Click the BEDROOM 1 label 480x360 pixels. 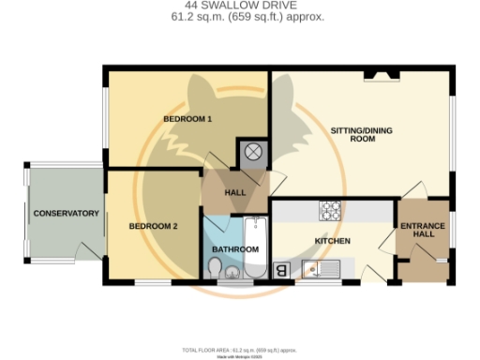click(187, 119)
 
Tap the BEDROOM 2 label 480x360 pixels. click(153, 226)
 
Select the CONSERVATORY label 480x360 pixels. click(67, 213)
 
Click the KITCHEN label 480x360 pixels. click(332, 241)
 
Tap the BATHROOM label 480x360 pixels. click(234, 249)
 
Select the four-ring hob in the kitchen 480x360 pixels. click(331, 211)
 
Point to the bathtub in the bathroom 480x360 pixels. click(255, 246)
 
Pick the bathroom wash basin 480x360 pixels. click(232, 273)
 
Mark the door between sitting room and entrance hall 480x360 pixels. click(415, 190)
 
